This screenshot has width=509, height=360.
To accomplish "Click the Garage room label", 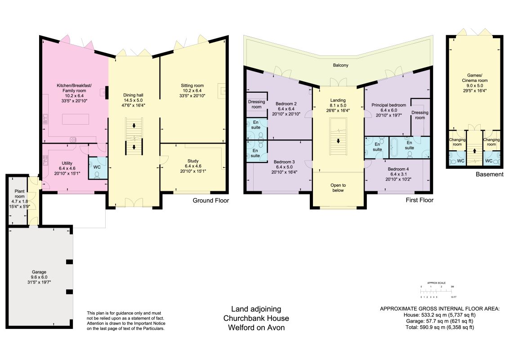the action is (x=39, y=277).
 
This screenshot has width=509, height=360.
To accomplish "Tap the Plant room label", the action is (x=19, y=199).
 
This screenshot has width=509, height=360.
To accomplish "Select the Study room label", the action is (x=193, y=166).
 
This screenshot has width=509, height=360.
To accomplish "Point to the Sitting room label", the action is (x=192, y=90).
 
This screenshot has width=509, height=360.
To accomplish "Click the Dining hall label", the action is (x=133, y=100).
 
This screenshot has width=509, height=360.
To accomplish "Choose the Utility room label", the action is (x=67, y=168).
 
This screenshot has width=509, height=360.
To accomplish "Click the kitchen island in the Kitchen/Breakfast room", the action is (x=76, y=119).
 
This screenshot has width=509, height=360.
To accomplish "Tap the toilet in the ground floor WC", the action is (x=97, y=175).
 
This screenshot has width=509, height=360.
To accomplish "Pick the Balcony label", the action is (x=340, y=65).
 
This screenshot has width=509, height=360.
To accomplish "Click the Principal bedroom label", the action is (x=388, y=110).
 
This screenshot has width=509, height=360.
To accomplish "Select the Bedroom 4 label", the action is (x=398, y=174).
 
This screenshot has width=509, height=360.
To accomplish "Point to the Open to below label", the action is (x=338, y=188).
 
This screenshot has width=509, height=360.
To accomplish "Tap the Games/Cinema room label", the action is (x=474, y=83).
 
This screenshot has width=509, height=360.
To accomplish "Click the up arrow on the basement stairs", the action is (x=474, y=151).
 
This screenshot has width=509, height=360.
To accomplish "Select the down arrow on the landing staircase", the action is (x=338, y=141).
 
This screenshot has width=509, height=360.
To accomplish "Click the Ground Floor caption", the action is (x=211, y=200).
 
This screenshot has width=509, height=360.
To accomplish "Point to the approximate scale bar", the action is (x=437, y=291).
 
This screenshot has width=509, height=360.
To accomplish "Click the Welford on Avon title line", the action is (x=256, y=328).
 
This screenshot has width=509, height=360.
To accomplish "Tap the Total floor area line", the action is (x=440, y=327).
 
